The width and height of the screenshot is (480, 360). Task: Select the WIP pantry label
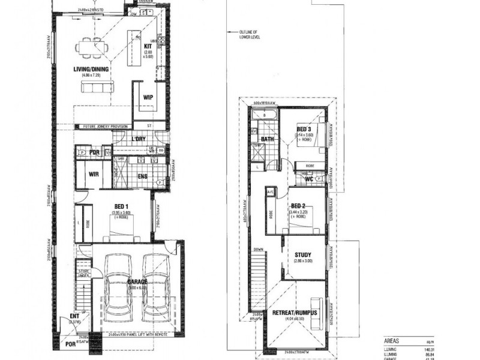point(147,97)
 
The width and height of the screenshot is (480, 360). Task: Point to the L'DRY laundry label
point(139,139)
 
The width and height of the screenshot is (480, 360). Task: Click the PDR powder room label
point(95,152)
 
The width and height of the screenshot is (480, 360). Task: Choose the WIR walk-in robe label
point(93,175)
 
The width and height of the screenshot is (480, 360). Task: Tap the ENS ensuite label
point(142,176)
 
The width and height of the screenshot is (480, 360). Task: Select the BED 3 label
point(304,130)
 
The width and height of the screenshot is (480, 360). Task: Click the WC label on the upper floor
point(309,178)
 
